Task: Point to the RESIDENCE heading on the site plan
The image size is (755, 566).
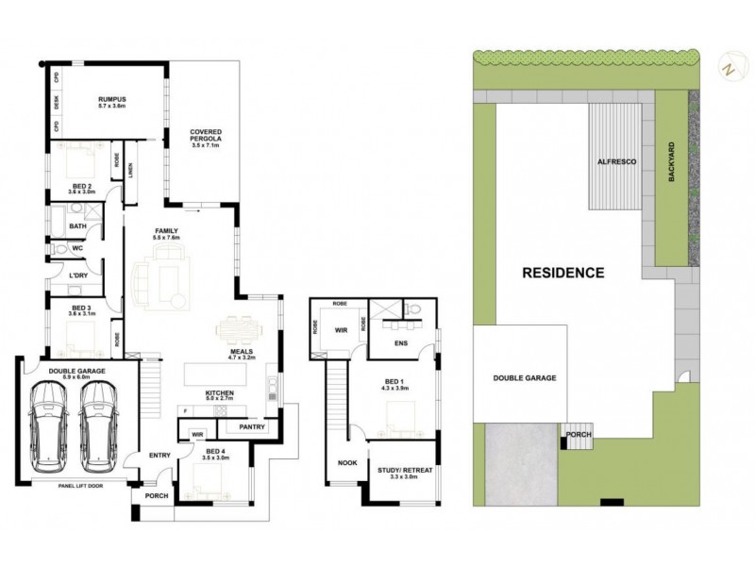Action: point(562,274)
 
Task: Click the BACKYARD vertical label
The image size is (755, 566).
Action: point(672,163)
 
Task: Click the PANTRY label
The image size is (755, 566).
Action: point(251,427)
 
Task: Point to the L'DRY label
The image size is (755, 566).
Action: point(78,275)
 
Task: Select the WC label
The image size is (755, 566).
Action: point(79,249)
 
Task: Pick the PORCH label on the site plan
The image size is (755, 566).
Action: point(577,434)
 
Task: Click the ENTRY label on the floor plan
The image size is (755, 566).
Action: point(159,456)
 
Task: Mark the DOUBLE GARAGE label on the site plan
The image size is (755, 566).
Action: point(524,378)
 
